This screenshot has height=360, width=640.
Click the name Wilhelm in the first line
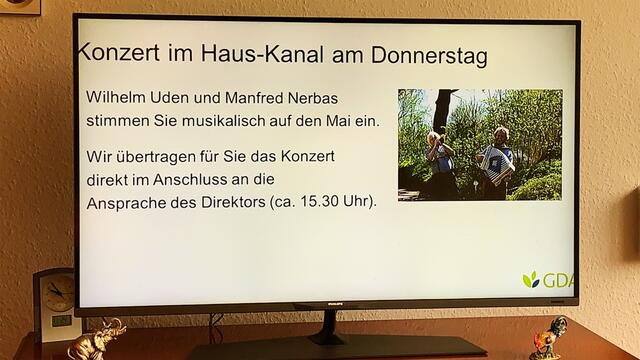116,101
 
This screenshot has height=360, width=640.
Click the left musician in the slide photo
440,160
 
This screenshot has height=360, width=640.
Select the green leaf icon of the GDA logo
531,280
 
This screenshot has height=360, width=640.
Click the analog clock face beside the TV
57,294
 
